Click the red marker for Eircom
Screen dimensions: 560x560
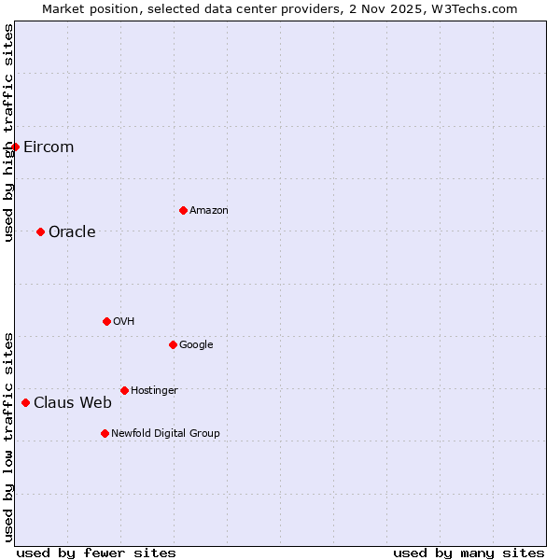[15, 147]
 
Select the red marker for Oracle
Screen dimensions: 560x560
[40, 231]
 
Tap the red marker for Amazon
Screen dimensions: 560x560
[183, 210]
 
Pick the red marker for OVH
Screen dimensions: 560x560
[106, 321]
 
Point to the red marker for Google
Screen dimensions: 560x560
[173, 344]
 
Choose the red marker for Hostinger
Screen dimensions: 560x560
[124, 390]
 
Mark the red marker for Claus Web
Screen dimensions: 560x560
[25, 402]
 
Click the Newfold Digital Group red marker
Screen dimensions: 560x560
[105, 433]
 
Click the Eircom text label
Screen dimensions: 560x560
[49, 147]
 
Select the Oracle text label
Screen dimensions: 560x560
[72, 231]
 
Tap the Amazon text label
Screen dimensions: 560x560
[209, 210]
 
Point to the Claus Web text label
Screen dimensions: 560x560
[73, 402]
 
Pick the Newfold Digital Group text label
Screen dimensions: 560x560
[165, 433]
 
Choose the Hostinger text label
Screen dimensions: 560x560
[154, 390]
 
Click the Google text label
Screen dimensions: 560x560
[196, 344]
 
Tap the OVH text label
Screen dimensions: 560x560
[124, 321]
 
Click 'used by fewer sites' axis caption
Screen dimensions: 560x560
[96, 553]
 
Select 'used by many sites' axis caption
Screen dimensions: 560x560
[469, 553]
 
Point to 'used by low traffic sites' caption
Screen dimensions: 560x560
[8, 436]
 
